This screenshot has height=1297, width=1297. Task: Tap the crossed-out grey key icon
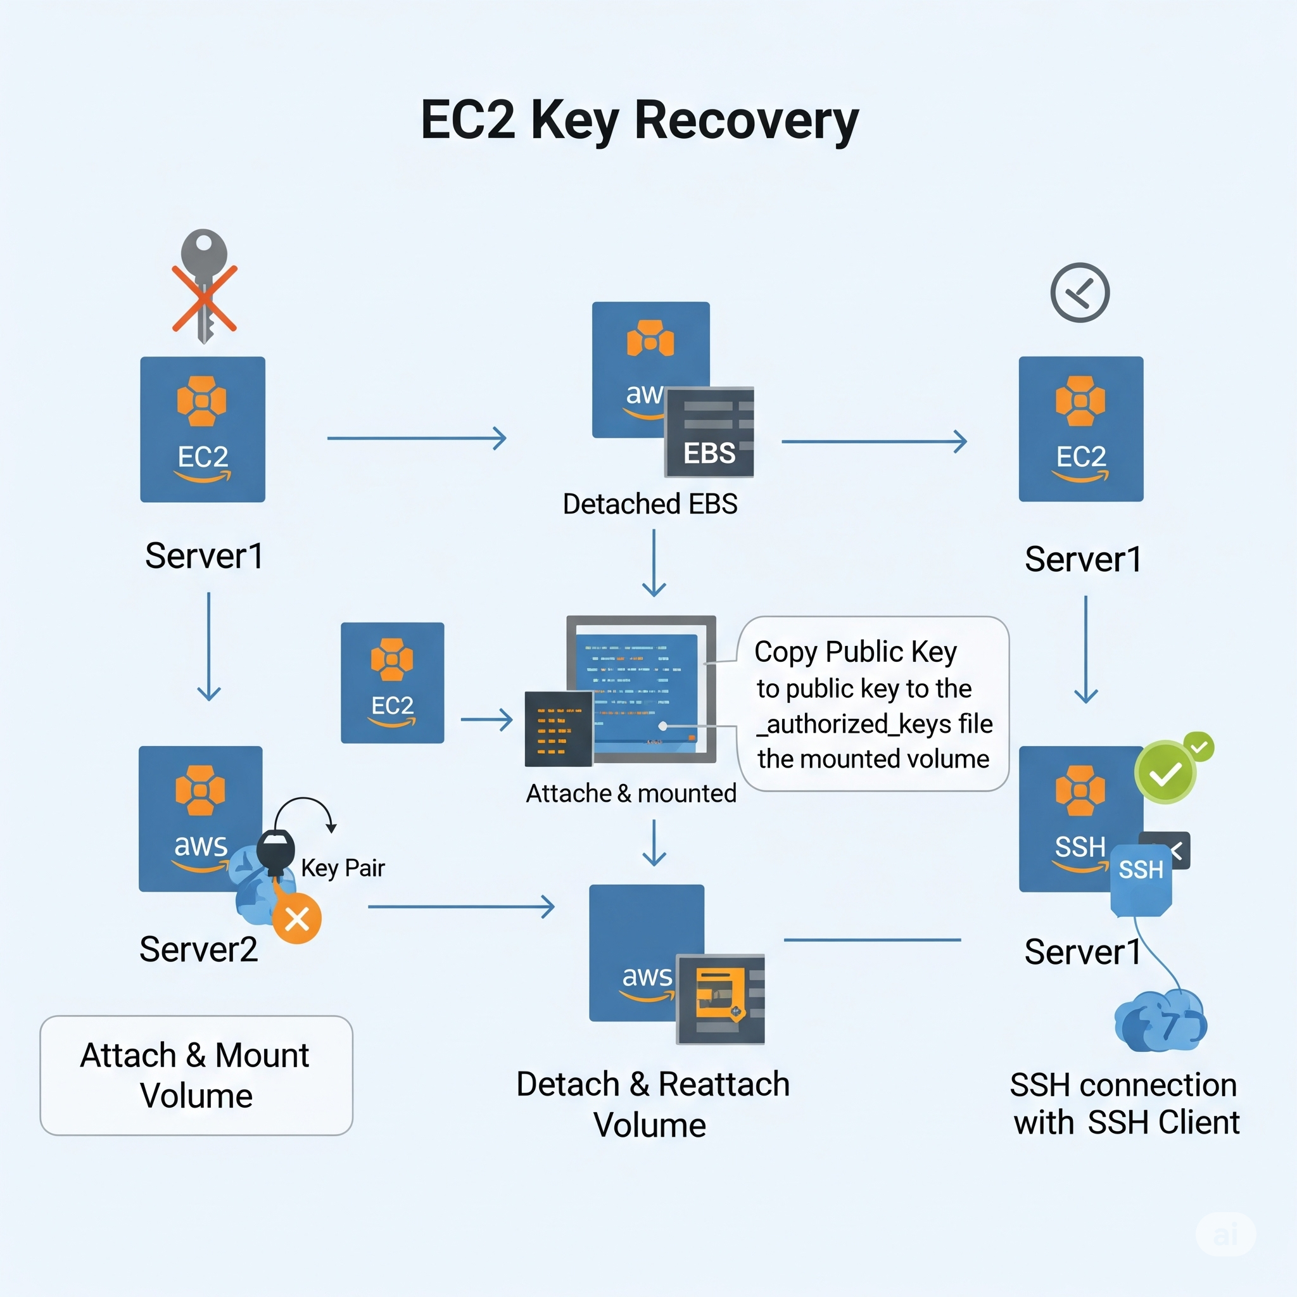point(204,286)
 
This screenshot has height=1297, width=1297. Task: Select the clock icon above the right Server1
point(1080,293)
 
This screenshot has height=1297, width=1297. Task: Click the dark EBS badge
point(709,433)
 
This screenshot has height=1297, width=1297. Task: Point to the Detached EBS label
point(650,504)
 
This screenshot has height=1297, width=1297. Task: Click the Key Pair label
point(343,868)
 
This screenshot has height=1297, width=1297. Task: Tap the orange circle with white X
point(297,919)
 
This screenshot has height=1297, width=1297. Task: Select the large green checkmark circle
point(1165,773)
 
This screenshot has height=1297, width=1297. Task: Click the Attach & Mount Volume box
point(196,1075)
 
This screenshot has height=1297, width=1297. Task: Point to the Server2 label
point(199,949)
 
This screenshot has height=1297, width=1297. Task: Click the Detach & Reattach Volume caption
point(652,1104)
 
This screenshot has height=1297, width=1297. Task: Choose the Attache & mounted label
point(631,794)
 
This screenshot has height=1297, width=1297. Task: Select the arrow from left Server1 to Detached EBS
point(416,438)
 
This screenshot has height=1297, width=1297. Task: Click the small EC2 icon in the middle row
point(392,683)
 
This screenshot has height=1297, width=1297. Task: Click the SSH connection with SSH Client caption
point(1125,1104)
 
